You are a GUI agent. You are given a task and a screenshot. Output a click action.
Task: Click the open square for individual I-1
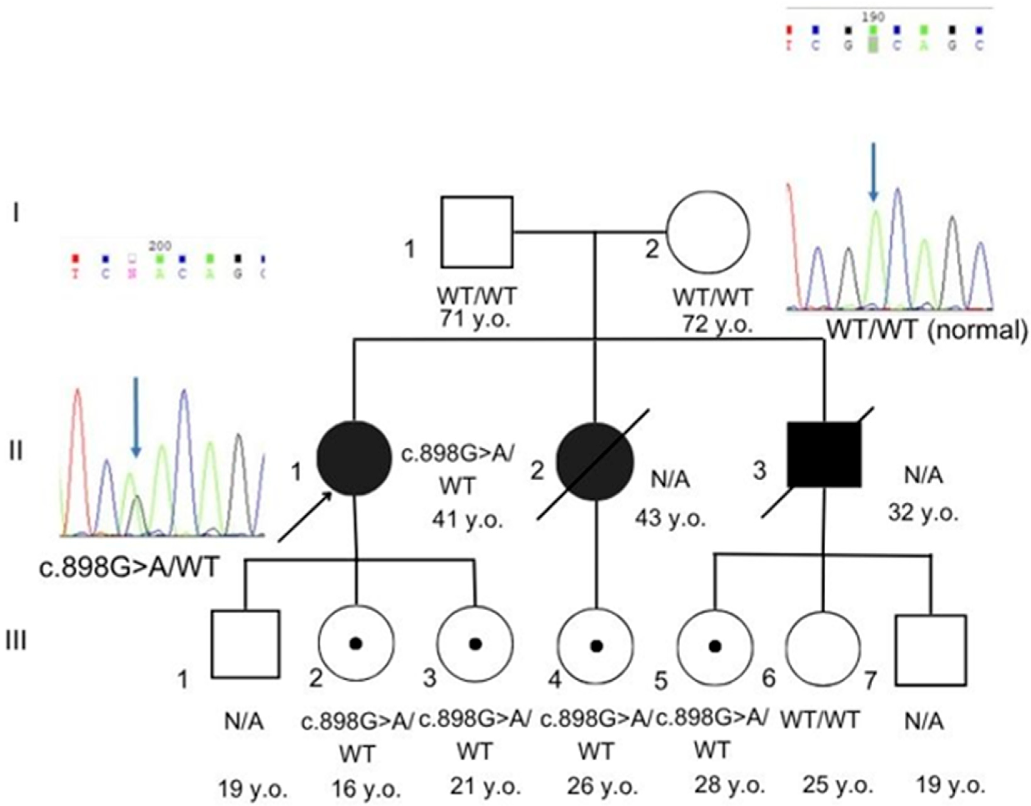[x=477, y=232]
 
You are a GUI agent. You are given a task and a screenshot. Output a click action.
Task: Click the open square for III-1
[x=245, y=644]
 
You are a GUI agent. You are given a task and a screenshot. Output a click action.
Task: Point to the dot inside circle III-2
[x=356, y=643]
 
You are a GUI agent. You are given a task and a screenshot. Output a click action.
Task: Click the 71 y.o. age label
[x=475, y=320]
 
